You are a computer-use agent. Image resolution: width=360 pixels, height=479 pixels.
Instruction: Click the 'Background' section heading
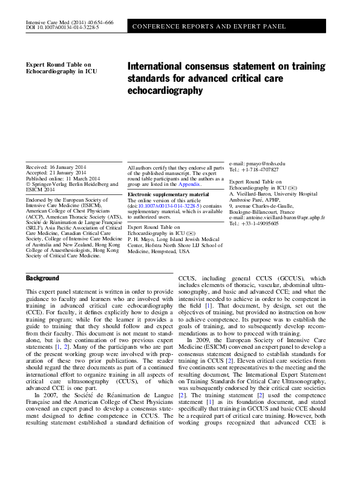tap(42, 278)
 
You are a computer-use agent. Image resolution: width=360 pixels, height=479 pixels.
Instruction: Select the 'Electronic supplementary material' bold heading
tap(168, 194)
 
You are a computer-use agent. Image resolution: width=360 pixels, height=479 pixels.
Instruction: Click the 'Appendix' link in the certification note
tap(191, 184)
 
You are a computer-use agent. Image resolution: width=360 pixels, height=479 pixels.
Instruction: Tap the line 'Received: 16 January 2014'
tap(56, 166)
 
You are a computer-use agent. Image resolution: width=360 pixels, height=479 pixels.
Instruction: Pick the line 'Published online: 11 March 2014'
tap(63, 178)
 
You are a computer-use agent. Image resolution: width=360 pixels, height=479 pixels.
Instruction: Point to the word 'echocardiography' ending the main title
tap(165, 90)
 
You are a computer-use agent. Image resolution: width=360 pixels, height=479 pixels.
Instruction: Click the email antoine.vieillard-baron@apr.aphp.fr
tap(284, 217)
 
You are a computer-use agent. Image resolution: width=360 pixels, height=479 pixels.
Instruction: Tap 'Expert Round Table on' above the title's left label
tap(58, 64)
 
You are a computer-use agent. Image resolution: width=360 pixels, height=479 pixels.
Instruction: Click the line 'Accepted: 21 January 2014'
tap(56, 172)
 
